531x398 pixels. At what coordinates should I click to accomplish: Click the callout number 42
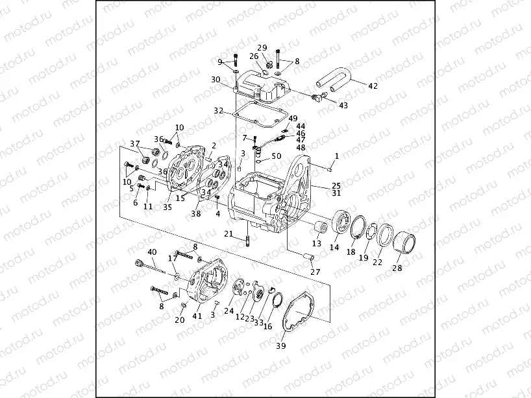pos(373,86)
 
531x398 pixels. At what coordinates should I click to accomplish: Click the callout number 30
pos(216,80)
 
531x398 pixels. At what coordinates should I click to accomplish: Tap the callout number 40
pos(152,252)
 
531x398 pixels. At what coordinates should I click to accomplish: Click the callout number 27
pos(315,272)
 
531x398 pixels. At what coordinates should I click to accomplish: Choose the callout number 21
pos(229,233)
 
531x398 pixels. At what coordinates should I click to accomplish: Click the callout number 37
pos(134,143)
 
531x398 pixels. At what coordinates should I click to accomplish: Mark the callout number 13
pos(317,243)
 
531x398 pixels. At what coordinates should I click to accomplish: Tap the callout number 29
pos(262,47)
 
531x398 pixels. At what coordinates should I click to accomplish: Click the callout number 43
pos(343,105)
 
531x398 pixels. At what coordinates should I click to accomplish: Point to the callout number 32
pos(219,110)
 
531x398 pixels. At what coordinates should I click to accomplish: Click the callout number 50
pos(277,156)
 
